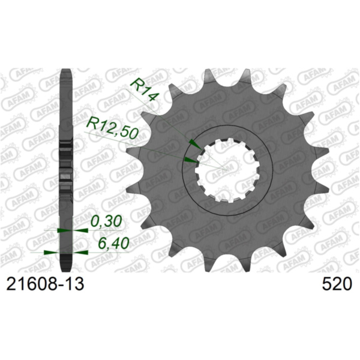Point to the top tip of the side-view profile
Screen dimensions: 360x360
(x=67, y=70)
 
